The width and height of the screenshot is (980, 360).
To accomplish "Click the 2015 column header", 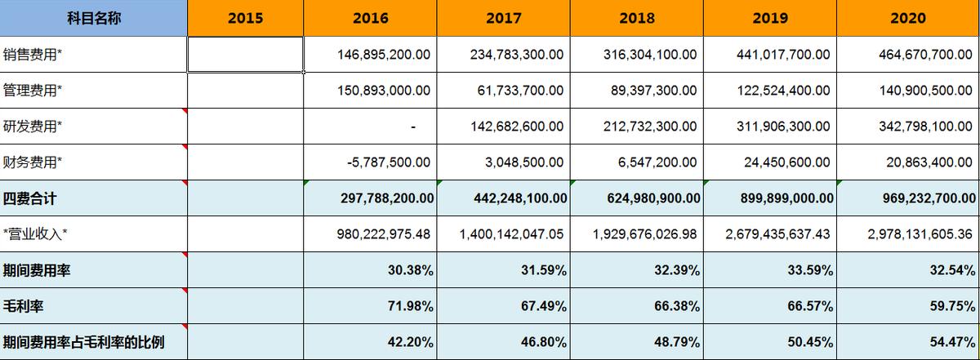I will pyautogui.click(x=245, y=18).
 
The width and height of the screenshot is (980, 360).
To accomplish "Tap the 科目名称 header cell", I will pyautogui.click(x=94, y=18).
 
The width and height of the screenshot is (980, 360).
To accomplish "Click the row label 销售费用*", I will pyautogui.click(x=33, y=55).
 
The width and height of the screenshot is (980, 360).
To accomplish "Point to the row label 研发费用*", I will pyautogui.click(x=33, y=127).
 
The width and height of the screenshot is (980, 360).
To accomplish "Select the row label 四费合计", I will pyautogui.click(x=30, y=198).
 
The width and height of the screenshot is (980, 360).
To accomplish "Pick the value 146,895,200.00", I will pyautogui.click(x=384, y=55).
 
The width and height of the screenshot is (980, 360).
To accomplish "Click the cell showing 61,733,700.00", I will pyautogui.click(x=520, y=91).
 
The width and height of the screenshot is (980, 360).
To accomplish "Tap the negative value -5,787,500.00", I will pyautogui.click(x=389, y=162).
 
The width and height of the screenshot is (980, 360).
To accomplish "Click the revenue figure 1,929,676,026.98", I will pyautogui.click(x=645, y=234).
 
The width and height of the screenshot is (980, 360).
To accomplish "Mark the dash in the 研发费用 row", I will pyautogui.click(x=414, y=127).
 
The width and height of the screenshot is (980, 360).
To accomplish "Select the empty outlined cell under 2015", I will pyautogui.click(x=245, y=55).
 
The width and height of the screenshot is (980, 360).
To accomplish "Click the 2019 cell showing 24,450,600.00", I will pyautogui.click(x=787, y=162).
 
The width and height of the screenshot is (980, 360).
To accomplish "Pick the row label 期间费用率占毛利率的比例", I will pyautogui.click(x=83, y=342).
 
